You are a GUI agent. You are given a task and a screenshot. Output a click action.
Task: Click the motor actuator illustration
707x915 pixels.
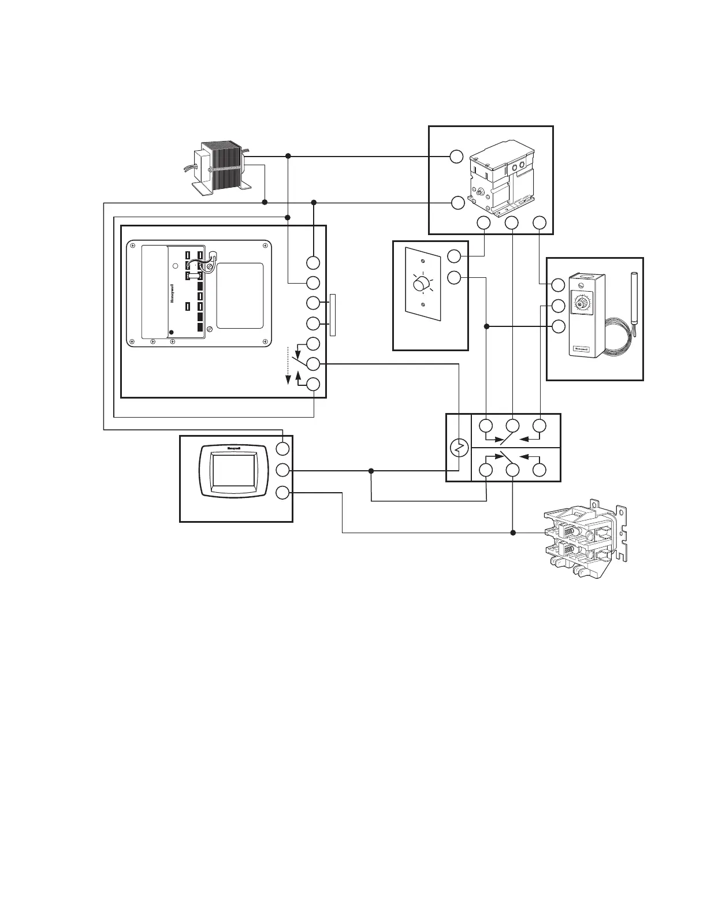pyautogui.click(x=501, y=176)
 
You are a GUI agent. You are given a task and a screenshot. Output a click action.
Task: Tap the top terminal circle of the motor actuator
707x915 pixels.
pyautogui.click(x=457, y=157)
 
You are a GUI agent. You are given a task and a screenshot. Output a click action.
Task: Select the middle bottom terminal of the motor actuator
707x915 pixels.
pyautogui.click(x=512, y=222)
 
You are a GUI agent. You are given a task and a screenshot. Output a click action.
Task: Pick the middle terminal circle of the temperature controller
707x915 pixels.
pyautogui.click(x=558, y=306)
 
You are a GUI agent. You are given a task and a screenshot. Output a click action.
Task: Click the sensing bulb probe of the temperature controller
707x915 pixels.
pyautogui.click(x=634, y=300)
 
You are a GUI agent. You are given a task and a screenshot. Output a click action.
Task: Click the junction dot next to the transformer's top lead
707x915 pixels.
pyautogui.click(x=288, y=157)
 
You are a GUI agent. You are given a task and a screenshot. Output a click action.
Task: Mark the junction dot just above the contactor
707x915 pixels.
pyautogui.click(x=512, y=533)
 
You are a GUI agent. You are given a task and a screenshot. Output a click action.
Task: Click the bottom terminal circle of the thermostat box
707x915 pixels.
pyautogui.click(x=282, y=493)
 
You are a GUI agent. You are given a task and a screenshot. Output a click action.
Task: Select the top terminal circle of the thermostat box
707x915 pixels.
pyautogui.click(x=282, y=448)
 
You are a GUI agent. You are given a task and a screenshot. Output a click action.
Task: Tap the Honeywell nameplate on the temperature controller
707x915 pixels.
pyautogui.click(x=581, y=349)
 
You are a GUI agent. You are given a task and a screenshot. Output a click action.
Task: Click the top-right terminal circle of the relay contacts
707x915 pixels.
pyautogui.click(x=539, y=426)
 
